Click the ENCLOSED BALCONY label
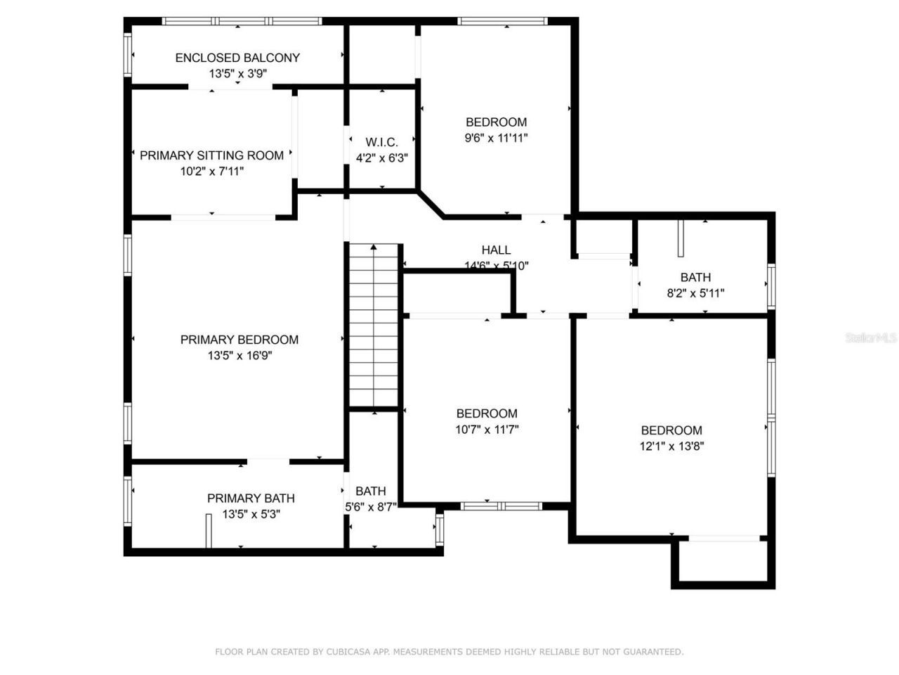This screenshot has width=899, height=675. [x=237, y=58]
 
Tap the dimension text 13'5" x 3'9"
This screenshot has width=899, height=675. [x=237, y=73]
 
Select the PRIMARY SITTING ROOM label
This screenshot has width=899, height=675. [x=211, y=155]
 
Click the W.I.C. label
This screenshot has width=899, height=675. [x=381, y=143]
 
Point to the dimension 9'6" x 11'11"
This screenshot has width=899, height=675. [x=496, y=139]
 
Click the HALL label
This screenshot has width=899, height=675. [x=496, y=250]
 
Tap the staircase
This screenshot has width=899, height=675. [x=374, y=327]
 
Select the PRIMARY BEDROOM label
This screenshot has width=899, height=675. [x=239, y=340]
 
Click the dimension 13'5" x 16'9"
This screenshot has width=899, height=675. [x=239, y=356]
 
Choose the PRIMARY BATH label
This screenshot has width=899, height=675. [x=251, y=499]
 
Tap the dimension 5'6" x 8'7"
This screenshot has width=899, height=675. [x=371, y=506]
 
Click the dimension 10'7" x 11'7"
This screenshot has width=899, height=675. [x=487, y=430]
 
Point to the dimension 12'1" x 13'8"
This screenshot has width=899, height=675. [x=671, y=446]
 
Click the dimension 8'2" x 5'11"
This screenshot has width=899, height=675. [x=695, y=293]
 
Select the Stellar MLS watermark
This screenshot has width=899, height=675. [x=871, y=338]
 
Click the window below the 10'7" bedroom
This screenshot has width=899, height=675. [x=501, y=506]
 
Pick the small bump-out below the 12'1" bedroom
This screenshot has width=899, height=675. [x=723, y=562]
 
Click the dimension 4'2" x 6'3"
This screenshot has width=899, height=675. [x=381, y=159]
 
